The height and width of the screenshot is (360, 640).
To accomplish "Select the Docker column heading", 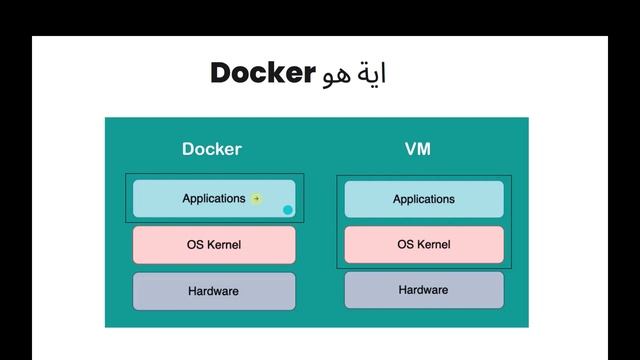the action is click(x=211, y=149).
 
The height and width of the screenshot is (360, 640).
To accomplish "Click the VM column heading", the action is click(x=418, y=149).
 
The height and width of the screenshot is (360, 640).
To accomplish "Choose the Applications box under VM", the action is click(x=424, y=199).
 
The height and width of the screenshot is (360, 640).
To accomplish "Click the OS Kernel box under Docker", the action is click(x=214, y=245).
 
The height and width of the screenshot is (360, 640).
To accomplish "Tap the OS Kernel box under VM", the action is click(x=424, y=245).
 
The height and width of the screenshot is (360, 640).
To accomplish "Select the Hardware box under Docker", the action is click(x=214, y=291).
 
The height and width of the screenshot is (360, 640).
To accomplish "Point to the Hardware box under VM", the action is click(x=424, y=290).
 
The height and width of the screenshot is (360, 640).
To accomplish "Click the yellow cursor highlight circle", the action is click(x=256, y=199).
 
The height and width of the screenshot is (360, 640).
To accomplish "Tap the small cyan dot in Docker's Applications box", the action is click(x=288, y=210).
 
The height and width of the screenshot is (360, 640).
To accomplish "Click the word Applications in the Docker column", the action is click(x=213, y=199).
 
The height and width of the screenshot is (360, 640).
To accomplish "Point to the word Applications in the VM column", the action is click(x=424, y=199).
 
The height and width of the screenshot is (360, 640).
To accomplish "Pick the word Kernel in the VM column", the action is click(x=433, y=245).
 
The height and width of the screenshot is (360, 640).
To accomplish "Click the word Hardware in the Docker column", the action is click(x=214, y=291).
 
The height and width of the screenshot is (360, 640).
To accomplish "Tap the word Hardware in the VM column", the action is click(x=424, y=290).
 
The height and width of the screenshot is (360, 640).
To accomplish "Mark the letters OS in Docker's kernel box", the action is click(x=195, y=245).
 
